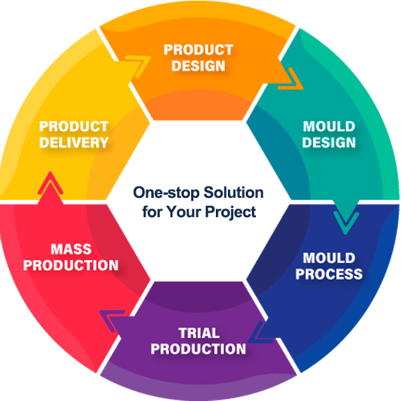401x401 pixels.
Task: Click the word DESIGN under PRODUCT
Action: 198,66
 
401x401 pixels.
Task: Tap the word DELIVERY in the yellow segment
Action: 74,142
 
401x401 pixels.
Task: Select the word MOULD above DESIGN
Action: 329,126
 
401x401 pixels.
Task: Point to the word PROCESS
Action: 329,274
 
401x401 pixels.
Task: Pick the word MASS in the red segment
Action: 72,249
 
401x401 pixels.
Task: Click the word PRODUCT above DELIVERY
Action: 74,126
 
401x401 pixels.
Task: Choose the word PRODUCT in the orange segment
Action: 198,50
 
